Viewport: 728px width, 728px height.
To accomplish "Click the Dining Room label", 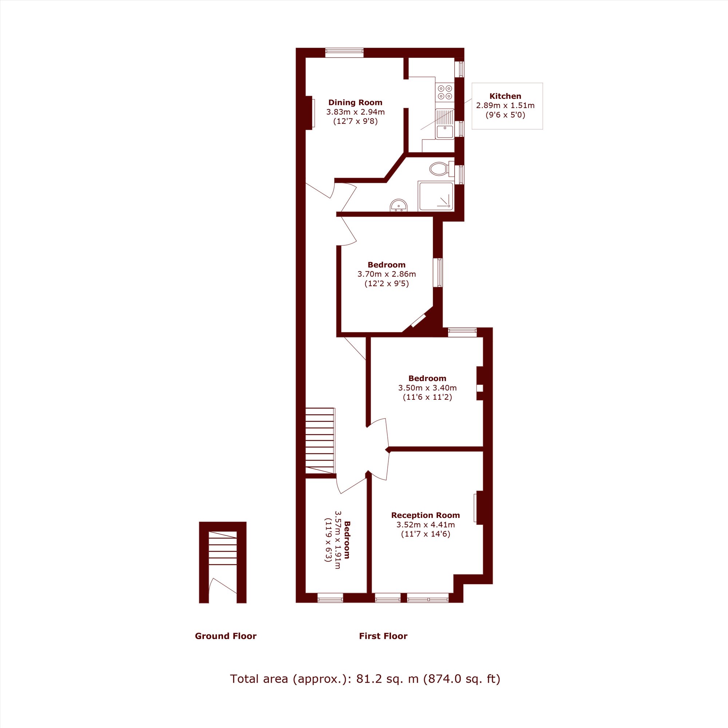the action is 355,103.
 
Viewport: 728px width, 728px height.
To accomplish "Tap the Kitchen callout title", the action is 505,96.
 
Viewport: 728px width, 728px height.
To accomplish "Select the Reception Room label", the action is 426,515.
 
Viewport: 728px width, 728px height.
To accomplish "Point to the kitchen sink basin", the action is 445,132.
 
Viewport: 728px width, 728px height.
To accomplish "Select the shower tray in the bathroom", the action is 436,196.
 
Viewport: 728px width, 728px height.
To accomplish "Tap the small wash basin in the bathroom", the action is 399,205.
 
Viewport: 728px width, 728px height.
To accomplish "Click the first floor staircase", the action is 320,440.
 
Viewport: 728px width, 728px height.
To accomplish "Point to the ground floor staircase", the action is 222,547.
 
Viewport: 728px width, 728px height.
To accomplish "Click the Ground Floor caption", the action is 225,636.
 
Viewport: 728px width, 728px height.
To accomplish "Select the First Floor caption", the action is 383,636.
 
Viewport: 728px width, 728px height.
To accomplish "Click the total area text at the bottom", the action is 365,679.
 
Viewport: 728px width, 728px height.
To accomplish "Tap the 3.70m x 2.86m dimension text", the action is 387,274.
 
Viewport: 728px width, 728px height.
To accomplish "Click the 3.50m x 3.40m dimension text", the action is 427,388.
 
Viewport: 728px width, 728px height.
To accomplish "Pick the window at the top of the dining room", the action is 344,53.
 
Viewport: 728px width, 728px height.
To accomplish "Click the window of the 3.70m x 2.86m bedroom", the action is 438,272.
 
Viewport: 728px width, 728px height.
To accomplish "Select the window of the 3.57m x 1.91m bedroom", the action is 330,598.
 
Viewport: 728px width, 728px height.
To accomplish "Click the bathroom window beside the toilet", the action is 459,175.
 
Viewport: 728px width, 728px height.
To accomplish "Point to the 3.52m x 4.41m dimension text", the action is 426,525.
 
